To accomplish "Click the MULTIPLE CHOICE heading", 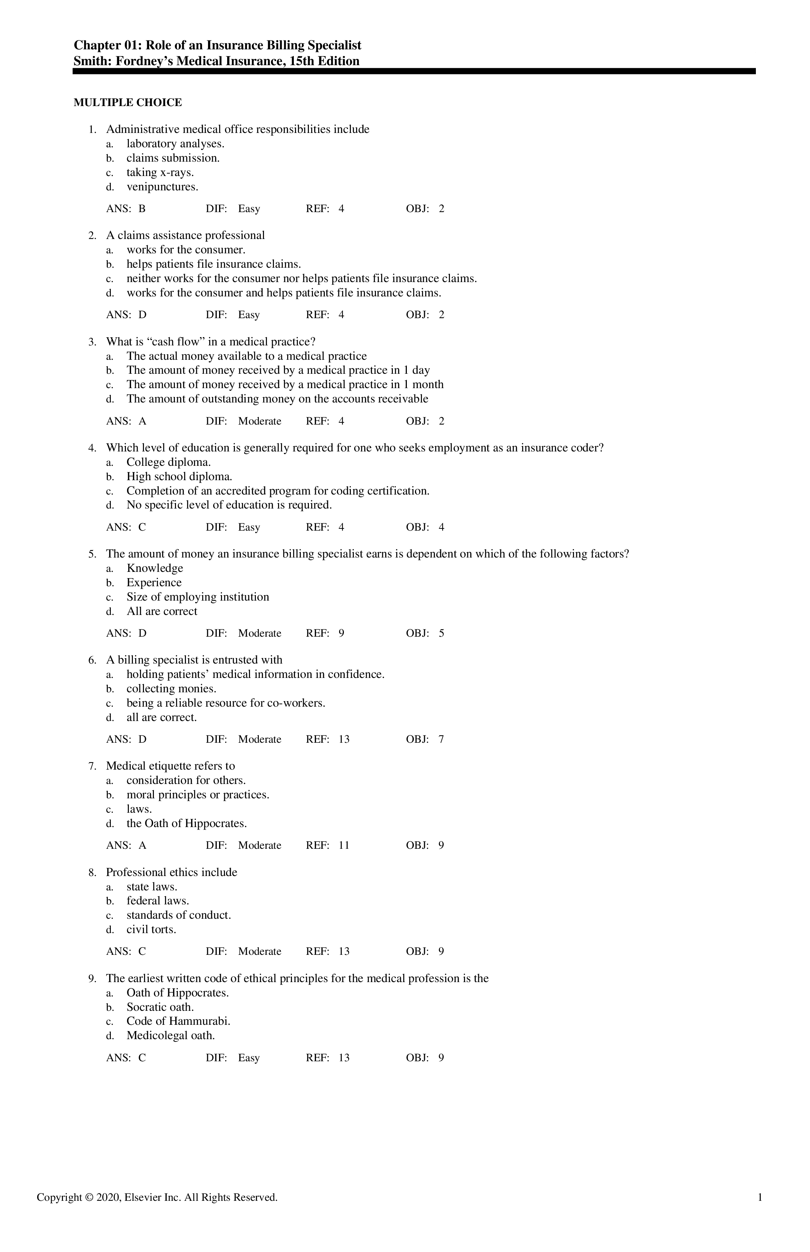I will [127, 103].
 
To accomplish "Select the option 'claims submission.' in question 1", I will [173, 158].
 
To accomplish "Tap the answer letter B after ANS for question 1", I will [142, 209].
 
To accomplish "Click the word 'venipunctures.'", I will [162, 187].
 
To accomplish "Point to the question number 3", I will [92, 342].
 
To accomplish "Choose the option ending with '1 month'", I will [285, 384].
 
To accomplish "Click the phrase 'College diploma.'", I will [168, 463].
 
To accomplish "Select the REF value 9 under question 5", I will [341, 633].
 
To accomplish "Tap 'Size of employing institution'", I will [197, 597].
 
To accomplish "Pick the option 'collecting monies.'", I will [171, 689].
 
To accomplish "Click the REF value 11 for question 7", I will [344, 845].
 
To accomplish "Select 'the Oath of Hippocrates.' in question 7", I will [186, 823].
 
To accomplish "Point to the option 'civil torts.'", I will [151, 929].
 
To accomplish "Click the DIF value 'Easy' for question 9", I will [249, 1058].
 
